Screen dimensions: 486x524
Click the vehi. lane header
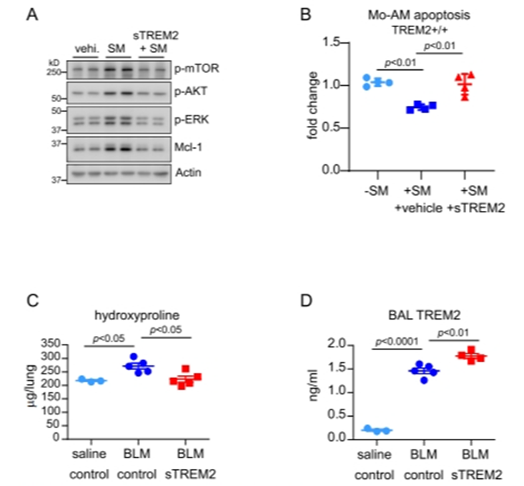(86, 48)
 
